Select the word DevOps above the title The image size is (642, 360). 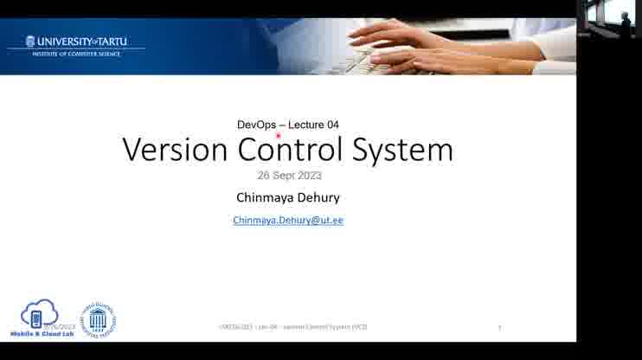(256, 125)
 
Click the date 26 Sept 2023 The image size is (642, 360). (289, 176)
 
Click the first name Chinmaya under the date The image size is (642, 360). (266, 197)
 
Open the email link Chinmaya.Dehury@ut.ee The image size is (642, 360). (288, 221)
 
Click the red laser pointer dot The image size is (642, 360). (278, 135)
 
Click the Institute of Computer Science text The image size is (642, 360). (76, 54)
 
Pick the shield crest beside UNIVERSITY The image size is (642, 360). (30, 42)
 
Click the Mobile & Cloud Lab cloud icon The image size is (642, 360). (39, 313)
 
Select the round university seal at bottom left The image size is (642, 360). (98, 319)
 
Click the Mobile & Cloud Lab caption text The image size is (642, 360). (41, 333)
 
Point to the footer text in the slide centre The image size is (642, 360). (292, 326)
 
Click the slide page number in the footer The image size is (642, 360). (499, 327)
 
